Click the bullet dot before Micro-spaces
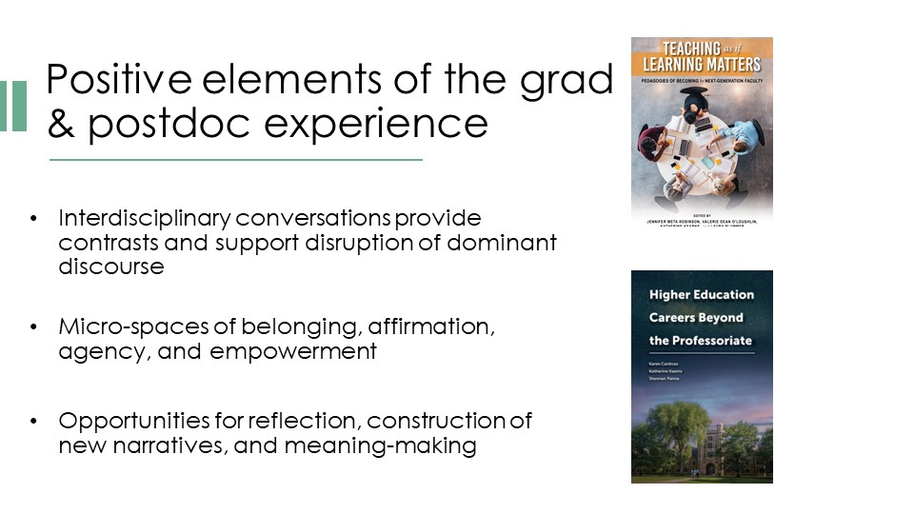click(35, 327)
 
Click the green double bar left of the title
click(13, 106)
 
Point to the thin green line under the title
click(235, 160)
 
